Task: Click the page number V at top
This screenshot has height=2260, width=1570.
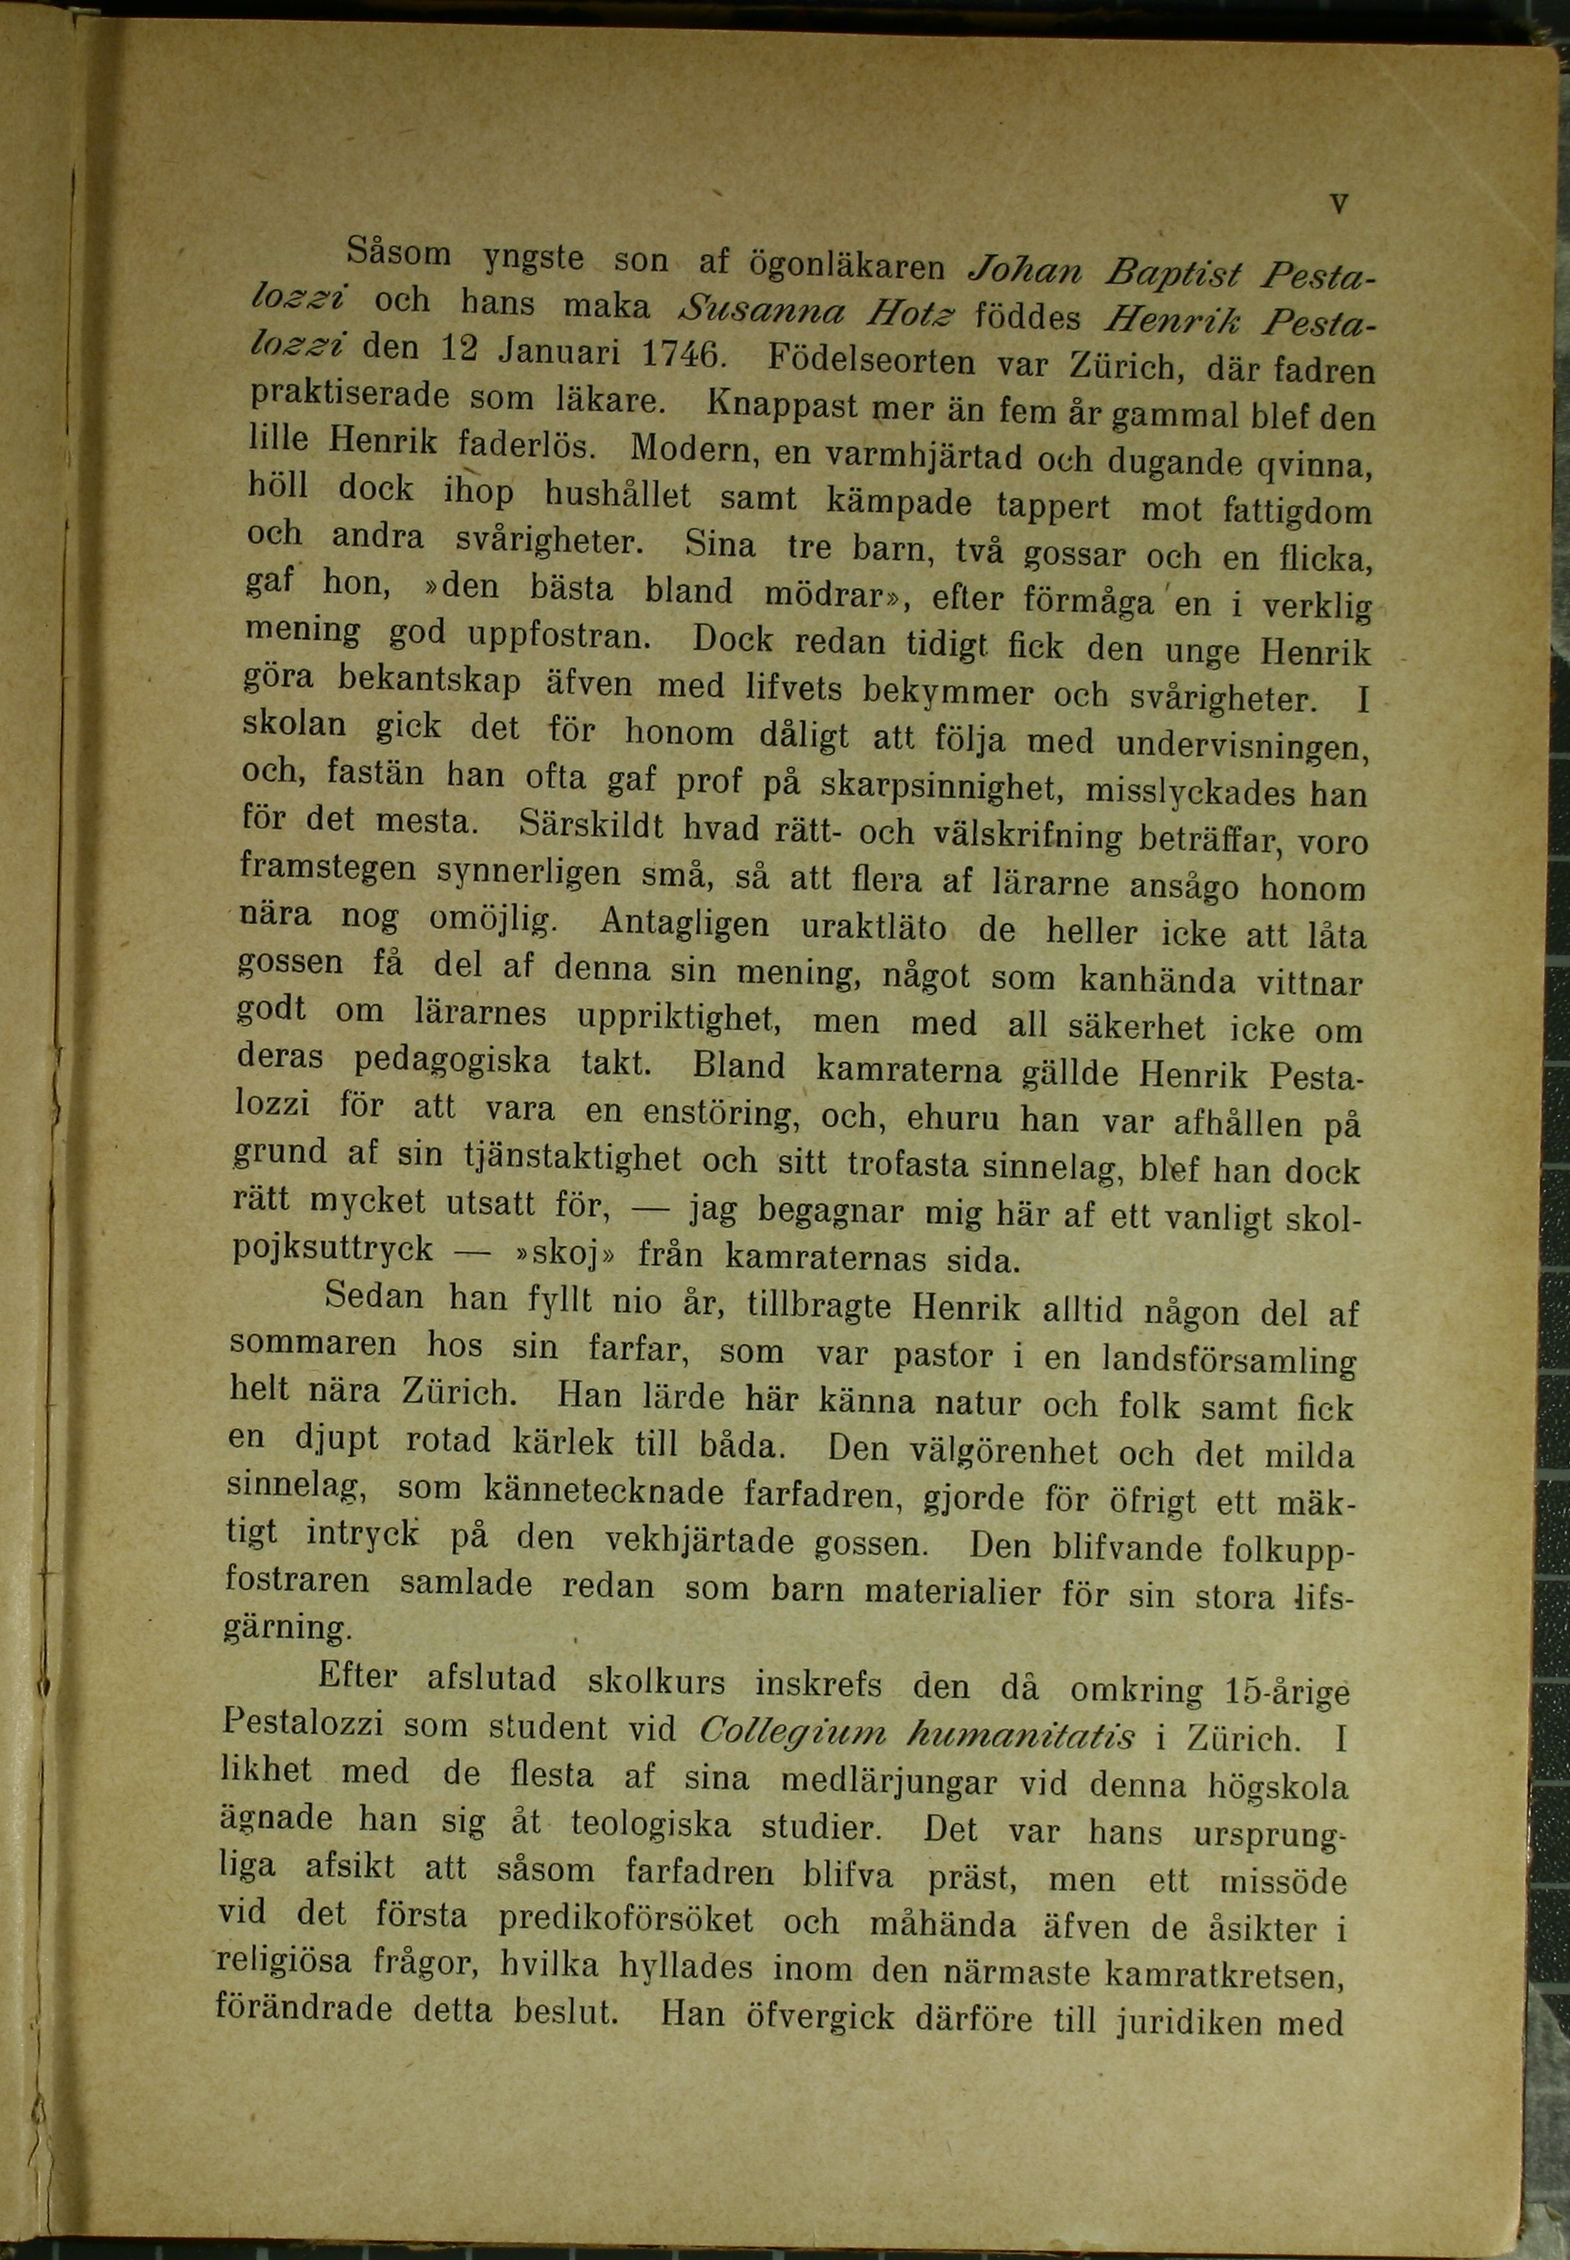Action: (1338, 205)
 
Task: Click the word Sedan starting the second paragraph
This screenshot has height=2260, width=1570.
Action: (374, 1295)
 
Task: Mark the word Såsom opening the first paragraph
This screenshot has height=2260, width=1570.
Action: (399, 255)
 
